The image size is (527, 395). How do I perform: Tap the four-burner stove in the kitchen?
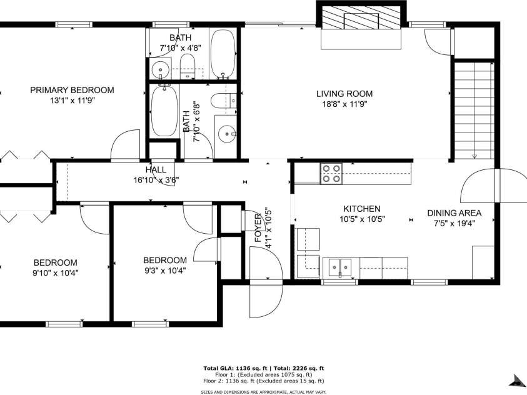pyautogui.click(x=331, y=174)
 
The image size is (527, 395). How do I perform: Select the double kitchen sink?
pyautogui.click(x=340, y=266)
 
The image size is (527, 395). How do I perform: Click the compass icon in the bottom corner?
pyautogui.click(x=516, y=380)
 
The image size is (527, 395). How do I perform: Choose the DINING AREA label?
pyautogui.click(x=454, y=212)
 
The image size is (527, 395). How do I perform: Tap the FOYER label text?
pyautogui.click(x=258, y=229)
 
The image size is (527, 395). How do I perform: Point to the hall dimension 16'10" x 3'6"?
pyautogui.click(x=156, y=181)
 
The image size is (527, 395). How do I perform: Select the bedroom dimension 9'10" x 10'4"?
pyautogui.click(x=56, y=272)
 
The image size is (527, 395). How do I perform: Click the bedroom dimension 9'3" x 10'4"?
pyautogui.click(x=164, y=270)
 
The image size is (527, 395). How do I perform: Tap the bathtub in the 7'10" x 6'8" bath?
pyautogui.click(x=164, y=111)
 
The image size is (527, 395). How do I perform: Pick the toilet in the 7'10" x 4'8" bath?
pyautogui.click(x=187, y=62)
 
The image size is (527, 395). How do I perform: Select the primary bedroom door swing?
pyautogui.click(x=126, y=144)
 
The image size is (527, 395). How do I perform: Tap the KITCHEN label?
pyautogui.click(x=361, y=209)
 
